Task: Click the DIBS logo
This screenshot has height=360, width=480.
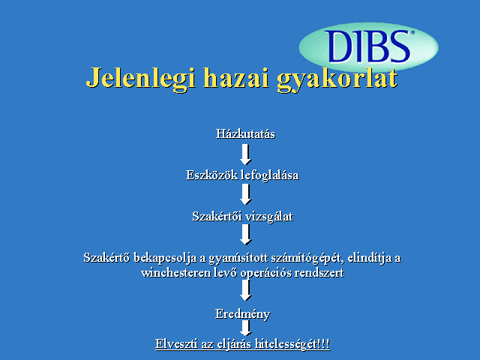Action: click(x=368, y=46)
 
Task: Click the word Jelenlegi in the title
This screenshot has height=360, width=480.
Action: click(x=140, y=78)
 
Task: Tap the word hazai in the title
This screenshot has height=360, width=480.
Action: click(x=236, y=77)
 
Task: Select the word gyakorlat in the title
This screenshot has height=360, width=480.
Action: click(x=337, y=79)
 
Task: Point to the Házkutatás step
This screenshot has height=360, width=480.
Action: click(x=245, y=133)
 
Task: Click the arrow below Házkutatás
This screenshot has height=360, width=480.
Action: click(x=245, y=154)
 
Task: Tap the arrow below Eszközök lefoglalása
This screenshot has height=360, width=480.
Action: click(x=245, y=194)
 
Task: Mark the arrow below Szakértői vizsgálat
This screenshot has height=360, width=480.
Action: click(x=245, y=235)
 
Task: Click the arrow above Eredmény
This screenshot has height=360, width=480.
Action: click(x=245, y=290)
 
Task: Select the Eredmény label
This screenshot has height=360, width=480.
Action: click(x=243, y=314)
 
